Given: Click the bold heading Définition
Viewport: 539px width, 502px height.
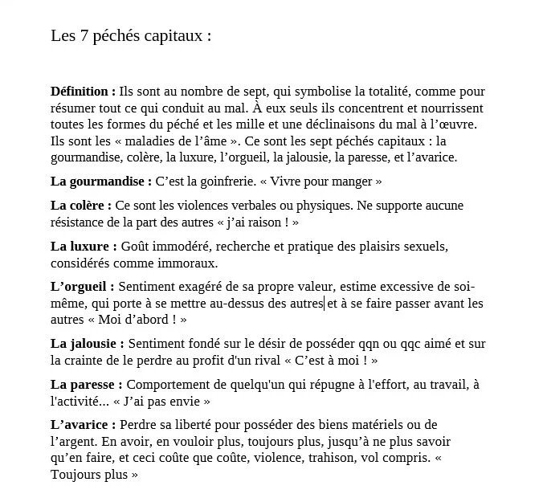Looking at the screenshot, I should (x=82, y=92).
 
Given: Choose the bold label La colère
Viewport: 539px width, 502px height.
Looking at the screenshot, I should (x=80, y=206).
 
